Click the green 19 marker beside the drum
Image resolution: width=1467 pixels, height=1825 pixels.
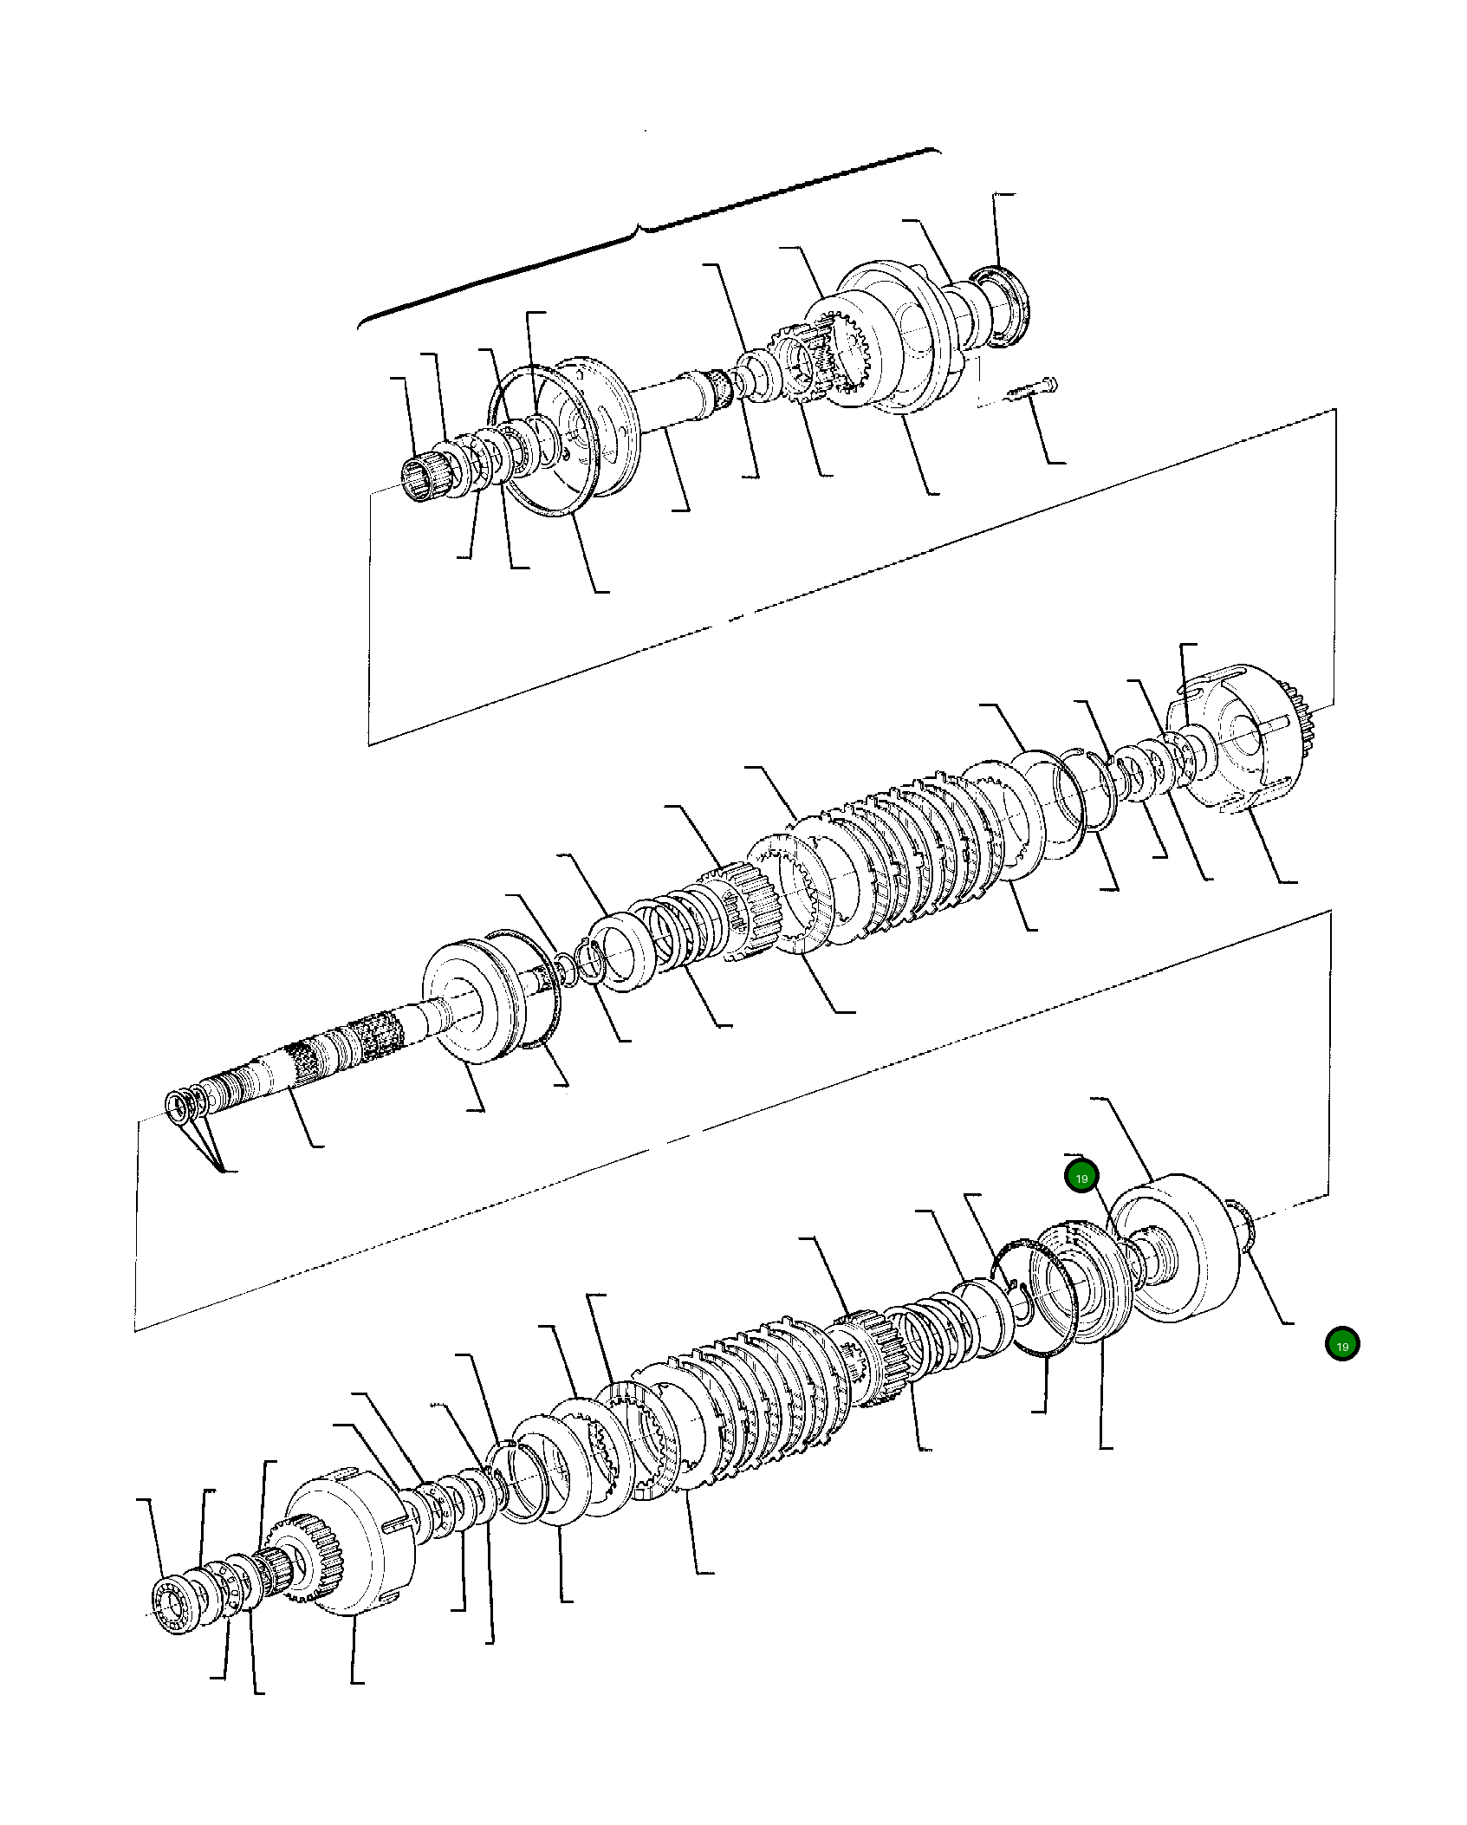pos(1081,1178)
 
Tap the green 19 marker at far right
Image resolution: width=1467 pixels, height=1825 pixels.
pos(1341,1344)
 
